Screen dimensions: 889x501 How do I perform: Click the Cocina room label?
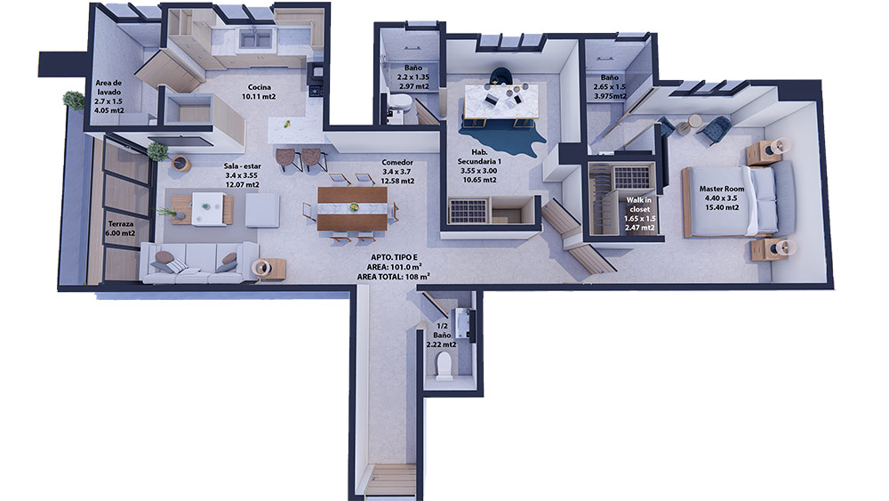click(259, 92)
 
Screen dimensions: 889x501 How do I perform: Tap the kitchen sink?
click(255, 38)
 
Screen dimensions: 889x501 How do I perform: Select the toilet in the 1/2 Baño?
click(444, 366)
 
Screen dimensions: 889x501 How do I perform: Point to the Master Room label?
click(722, 198)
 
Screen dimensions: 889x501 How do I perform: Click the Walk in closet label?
click(639, 214)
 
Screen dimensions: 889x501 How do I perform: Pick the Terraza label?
click(121, 228)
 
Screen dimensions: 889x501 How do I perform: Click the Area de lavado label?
click(108, 96)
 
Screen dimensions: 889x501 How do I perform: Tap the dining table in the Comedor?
click(352, 209)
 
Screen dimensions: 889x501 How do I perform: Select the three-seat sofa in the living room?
click(198, 263)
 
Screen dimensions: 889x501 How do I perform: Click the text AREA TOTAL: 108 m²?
click(393, 277)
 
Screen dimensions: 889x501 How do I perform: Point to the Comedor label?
click(397, 172)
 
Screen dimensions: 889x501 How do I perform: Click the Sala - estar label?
click(242, 175)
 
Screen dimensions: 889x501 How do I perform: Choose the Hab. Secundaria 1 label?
click(479, 166)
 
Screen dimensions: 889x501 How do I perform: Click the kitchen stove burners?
click(316, 90)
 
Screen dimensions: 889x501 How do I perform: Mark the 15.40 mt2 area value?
click(722, 207)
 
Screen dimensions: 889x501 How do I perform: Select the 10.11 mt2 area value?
click(259, 96)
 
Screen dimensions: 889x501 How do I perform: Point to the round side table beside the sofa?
click(262, 268)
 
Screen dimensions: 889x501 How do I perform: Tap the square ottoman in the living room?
click(262, 211)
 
